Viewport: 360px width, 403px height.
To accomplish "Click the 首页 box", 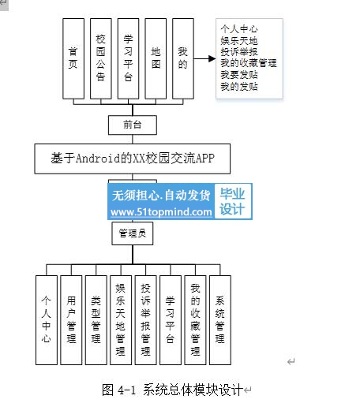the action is click(73, 58).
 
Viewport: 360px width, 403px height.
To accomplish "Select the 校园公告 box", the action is click(101, 58).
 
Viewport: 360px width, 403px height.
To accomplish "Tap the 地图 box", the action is click(156, 58).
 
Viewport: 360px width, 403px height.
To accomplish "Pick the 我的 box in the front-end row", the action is click(183, 58).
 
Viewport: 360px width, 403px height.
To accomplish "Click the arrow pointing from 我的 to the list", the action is click(205, 58).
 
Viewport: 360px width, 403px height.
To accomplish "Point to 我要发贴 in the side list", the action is click(239, 75).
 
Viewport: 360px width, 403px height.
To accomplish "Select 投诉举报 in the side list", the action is click(239, 52).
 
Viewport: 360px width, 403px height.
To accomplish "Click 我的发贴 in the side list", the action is click(239, 87).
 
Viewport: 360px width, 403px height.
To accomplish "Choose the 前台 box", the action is click(133, 125).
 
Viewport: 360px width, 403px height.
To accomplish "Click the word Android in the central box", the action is click(98, 159).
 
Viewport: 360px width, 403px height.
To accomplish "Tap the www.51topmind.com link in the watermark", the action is click(161, 212).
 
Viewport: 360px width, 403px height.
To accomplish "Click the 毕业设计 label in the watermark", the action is click(232, 201).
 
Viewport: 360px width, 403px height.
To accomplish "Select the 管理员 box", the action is click(133, 233).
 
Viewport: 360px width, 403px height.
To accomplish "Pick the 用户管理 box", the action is click(71, 320).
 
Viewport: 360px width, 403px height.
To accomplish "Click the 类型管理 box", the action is click(96, 320).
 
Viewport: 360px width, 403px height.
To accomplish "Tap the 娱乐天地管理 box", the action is click(121, 320).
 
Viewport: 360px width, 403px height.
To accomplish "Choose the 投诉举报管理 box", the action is click(145, 320).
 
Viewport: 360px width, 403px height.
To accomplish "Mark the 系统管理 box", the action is click(220, 320).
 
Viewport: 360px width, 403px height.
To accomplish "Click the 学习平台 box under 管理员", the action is click(171, 320).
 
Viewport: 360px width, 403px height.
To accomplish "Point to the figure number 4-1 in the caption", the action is click(127, 390).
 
